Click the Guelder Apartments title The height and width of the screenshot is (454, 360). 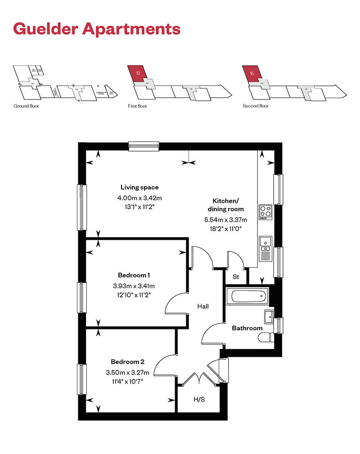pyautogui.click(x=97, y=29)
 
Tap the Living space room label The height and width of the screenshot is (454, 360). pyautogui.click(x=139, y=187)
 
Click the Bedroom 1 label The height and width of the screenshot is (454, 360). pyautogui.click(x=134, y=275)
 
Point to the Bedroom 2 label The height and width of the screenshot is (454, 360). pyautogui.click(x=128, y=361)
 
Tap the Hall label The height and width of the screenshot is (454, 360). pyautogui.click(x=203, y=306)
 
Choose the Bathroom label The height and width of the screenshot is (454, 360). pyautogui.click(x=247, y=328)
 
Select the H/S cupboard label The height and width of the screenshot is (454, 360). pyautogui.click(x=198, y=399)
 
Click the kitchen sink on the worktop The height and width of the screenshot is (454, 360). pyautogui.click(x=265, y=243)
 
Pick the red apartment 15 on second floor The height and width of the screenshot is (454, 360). pyautogui.click(x=251, y=73)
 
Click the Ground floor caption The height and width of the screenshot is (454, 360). pyautogui.click(x=24, y=106)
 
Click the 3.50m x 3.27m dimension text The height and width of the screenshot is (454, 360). pyautogui.click(x=128, y=372)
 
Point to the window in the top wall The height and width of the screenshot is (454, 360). pyautogui.click(x=144, y=145)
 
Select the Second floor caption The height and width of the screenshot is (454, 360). pyautogui.click(x=256, y=106)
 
